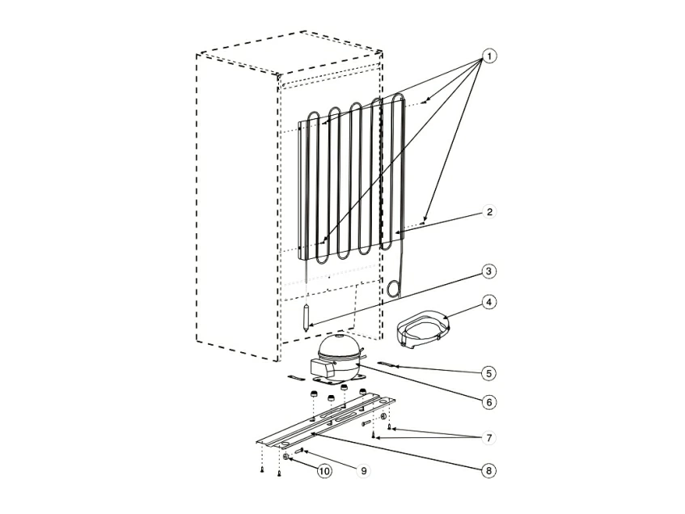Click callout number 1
pyautogui.click(x=489, y=57)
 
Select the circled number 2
pyautogui.click(x=489, y=212)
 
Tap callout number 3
pyautogui.click(x=488, y=271)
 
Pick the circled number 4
pyautogui.click(x=488, y=302)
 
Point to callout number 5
pyautogui.click(x=488, y=373)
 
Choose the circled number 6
pyautogui.click(x=488, y=401)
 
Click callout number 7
pyautogui.click(x=488, y=438)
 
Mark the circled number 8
pyautogui.click(x=488, y=471)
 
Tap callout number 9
pyautogui.click(x=363, y=471)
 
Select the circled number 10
pyautogui.click(x=324, y=471)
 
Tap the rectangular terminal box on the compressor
pyautogui.click(x=322, y=369)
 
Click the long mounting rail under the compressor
pyautogui.click(x=325, y=423)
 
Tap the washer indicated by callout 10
pyautogui.click(x=286, y=457)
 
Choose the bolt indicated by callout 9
pyautogui.click(x=300, y=451)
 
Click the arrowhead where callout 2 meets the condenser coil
pyautogui.click(x=397, y=232)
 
